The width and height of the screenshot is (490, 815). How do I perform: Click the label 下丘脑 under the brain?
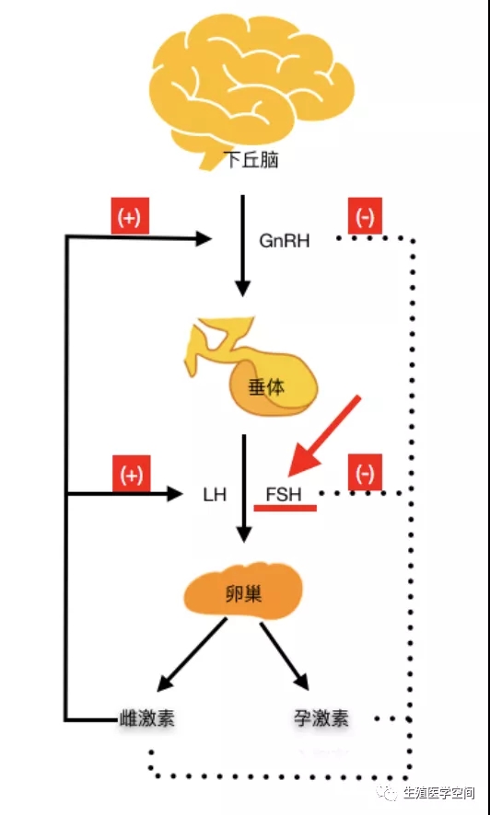point(251,160)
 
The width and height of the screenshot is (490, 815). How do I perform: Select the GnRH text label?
point(285,241)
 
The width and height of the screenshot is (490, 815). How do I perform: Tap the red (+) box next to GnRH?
point(130,216)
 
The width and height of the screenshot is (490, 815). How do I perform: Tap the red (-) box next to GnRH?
point(365,217)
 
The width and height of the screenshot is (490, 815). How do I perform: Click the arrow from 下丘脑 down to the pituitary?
point(243,244)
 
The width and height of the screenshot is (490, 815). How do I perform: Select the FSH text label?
point(283,493)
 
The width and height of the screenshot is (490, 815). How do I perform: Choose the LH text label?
point(215,494)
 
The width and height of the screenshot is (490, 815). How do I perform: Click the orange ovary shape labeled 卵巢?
point(243,593)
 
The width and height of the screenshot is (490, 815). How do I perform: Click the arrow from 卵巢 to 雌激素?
point(193,655)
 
